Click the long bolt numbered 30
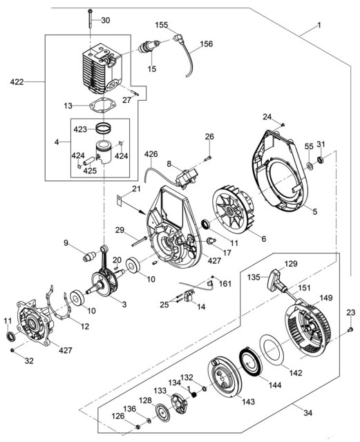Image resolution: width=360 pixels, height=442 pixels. click(x=90, y=19)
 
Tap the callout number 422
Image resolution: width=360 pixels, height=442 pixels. click(x=17, y=82)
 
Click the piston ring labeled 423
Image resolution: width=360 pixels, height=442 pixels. click(x=103, y=128)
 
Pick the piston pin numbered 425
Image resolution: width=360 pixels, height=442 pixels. click(x=89, y=160)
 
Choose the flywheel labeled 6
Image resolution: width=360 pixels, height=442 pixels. click(x=233, y=211)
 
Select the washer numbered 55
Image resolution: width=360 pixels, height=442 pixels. click(x=310, y=166)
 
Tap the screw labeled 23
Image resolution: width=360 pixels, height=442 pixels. click(x=350, y=329)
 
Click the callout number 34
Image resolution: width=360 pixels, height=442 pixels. click(x=307, y=413)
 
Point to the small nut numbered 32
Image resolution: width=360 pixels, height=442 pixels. click(x=12, y=350)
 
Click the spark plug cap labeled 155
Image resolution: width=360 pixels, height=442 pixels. click(x=179, y=38)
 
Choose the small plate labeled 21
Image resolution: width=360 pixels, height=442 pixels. click(x=119, y=200)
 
